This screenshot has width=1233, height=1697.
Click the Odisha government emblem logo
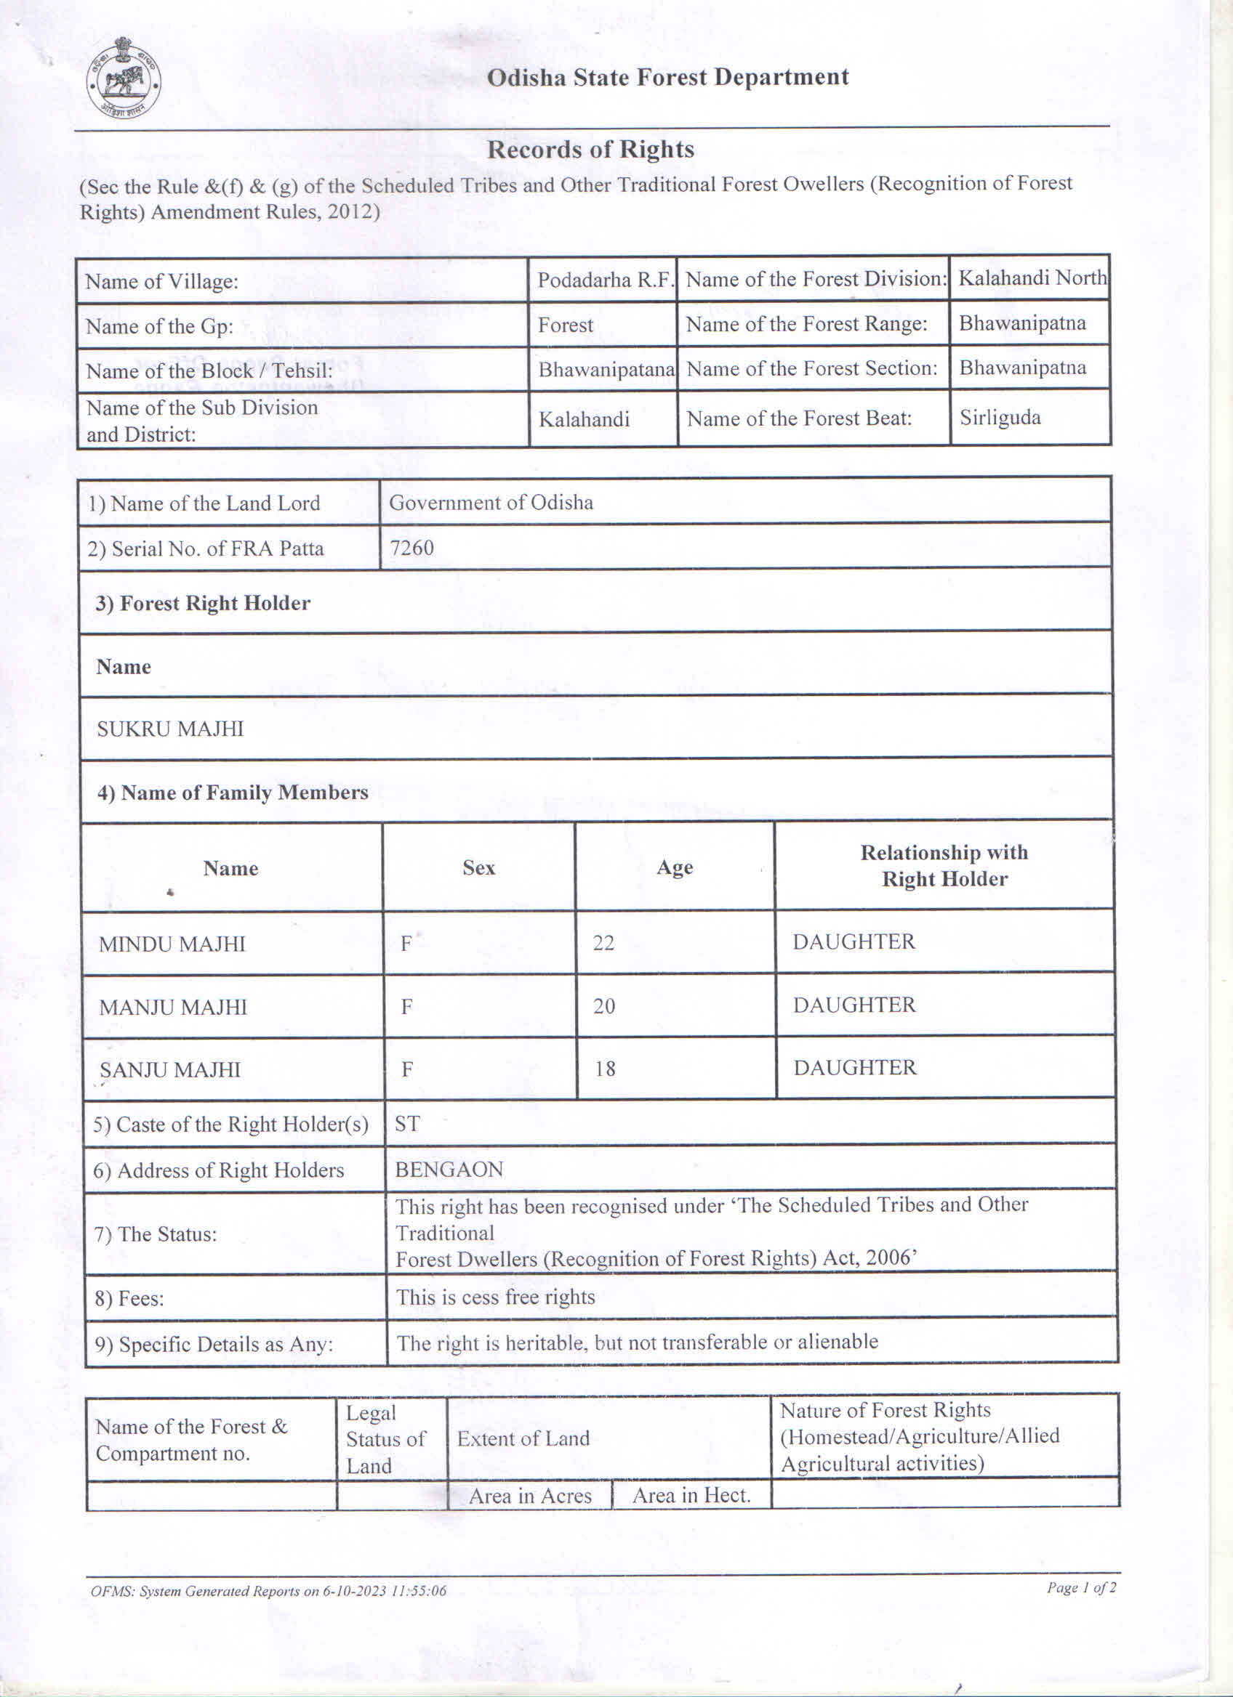[x=124, y=78]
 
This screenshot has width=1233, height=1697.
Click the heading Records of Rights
[x=590, y=150]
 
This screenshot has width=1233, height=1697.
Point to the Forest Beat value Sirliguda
[x=1000, y=418]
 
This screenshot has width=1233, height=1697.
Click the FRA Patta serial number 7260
[x=411, y=548]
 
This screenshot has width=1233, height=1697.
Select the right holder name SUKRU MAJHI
[x=171, y=729]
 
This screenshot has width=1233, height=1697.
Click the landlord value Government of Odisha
[x=491, y=502]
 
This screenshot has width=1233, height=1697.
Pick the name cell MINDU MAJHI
[x=172, y=944]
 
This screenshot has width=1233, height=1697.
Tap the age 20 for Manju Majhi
[x=604, y=1006]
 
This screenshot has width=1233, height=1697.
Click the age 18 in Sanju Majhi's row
[x=605, y=1069]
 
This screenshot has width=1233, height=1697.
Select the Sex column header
[x=478, y=868]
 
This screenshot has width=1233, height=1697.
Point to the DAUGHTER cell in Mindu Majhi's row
[x=854, y=942]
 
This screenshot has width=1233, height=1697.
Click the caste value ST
[x=407, y=1124]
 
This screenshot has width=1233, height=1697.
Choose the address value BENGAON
[x=449, y=1170]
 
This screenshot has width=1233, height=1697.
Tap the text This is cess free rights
[x=496, y=1297]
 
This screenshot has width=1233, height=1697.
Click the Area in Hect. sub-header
[x=691, y=1495]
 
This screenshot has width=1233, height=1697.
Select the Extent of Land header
[x=523, y=1438]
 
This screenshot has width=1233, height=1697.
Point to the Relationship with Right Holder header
[x=944, y=866]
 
